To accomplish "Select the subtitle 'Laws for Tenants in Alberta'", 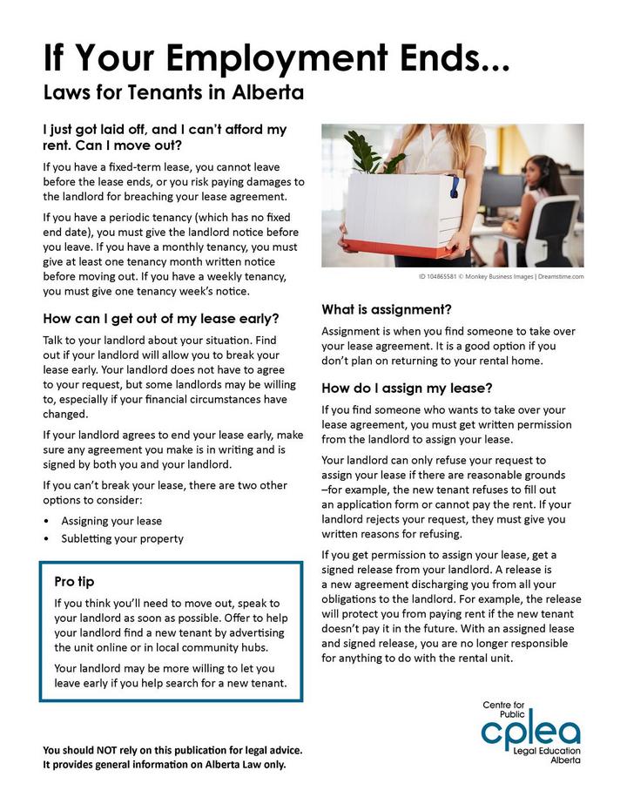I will pos(173,91).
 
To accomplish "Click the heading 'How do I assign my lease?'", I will pos(408,388).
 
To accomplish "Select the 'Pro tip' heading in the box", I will pos(74,581).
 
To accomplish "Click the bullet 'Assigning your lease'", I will pos(111,521).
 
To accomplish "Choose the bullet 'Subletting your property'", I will pos(122,538).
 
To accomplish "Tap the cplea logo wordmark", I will pos(529,730).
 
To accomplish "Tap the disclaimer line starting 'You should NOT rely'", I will pos(173,750).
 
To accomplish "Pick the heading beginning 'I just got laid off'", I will pos(165,137).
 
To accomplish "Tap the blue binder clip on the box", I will pos(452,185).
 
